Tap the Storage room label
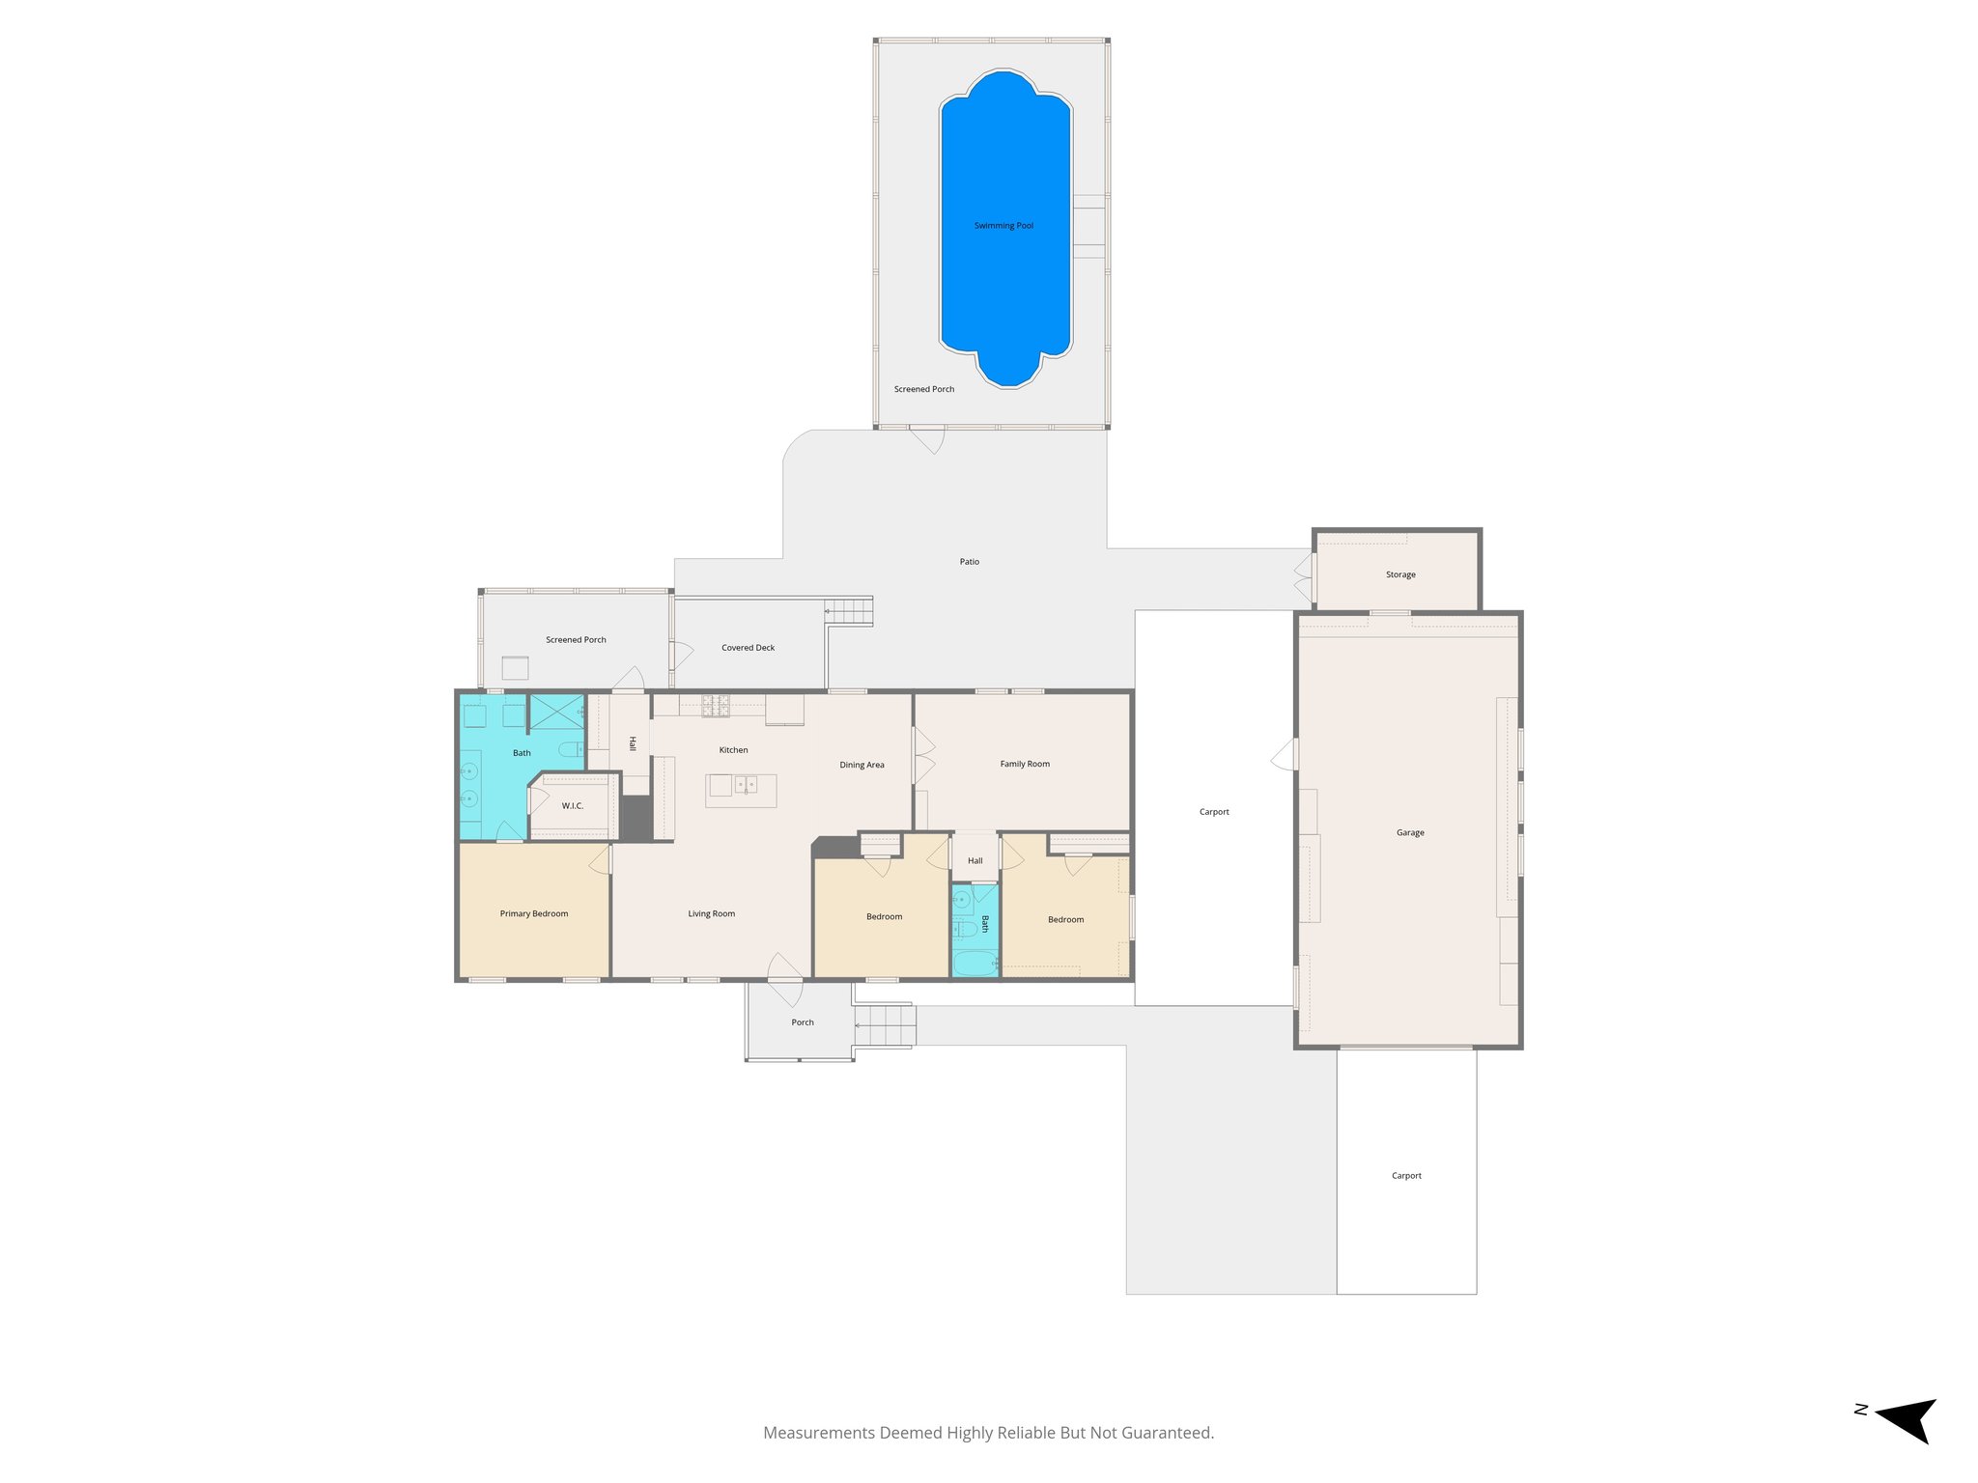[x=1400, y=574]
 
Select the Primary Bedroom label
[x=533, y=913]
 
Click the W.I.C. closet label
[x=573, y=806]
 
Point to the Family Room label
[x=1025, y=764]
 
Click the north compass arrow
[x=1907, y=1418]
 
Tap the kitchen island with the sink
[x=741, y=791]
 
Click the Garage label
[x=1410, y=832]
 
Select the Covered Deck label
[x=748, y=648]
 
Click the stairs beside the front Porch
[x=885, y=1024]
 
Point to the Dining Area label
[x=862, y=765]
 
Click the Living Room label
[x=711, y=913]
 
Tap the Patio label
[x=969, y=562]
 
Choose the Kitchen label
[x=733, y=750]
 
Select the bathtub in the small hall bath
[x=975, y=963]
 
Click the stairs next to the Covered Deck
[x=849, y=611]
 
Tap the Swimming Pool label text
[x=1003, y=226]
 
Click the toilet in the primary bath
[x=571, y=748]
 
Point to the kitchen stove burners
[x=716, y=706]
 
